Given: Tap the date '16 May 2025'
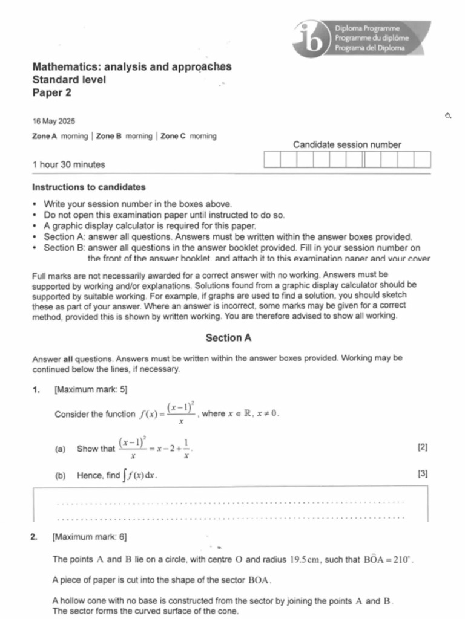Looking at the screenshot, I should pos(54,122).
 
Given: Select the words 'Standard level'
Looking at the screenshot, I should pos(68,79).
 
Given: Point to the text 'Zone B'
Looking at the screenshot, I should pos(109,137).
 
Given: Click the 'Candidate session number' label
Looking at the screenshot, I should pos(346,144).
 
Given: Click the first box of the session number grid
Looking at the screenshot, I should pos(272,160).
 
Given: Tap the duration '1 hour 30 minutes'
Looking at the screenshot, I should pos(68,164).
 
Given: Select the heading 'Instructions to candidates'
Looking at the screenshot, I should pos(88,187).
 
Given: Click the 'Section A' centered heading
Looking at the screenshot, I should pos(228,338).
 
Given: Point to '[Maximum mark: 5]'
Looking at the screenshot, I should pos(91,390).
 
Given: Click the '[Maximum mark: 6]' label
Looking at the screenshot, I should pos(90,536).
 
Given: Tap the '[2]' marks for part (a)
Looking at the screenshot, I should pos(423,448).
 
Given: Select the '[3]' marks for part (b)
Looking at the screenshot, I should pos(423,475).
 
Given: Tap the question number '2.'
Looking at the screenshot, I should pos(35,536).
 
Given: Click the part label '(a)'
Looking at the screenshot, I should pos(60,449).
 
